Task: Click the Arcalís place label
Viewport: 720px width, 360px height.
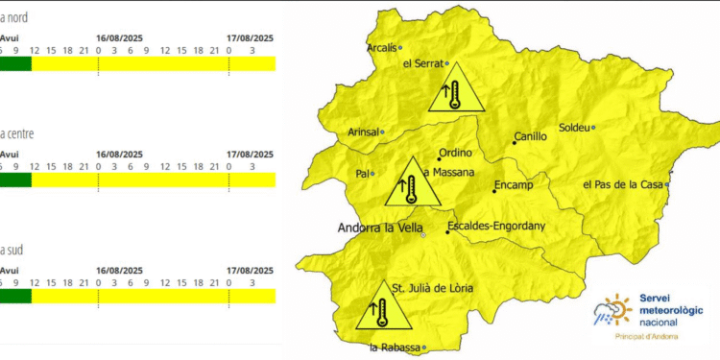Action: [x=381, y=47]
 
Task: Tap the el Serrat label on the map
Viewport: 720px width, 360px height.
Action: [x=422, y=63]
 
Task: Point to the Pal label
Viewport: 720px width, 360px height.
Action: [x=362, y=174]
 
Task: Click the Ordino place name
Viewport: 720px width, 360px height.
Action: [x=455, y=154]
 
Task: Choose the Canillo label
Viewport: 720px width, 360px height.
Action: [x=530, y=137]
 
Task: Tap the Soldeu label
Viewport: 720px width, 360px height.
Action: [x=574, y=128]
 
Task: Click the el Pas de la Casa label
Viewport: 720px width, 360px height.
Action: [x=623, y=184]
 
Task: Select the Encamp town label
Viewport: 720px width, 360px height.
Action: [x=512, y=183]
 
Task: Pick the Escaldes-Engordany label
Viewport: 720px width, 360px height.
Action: [x=496, y=228]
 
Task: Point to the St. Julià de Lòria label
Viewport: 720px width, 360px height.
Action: [x=432, y=287]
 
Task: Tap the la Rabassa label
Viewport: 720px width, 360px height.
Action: [x=394, y=348]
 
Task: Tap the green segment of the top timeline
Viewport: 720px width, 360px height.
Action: [x=15, y=63]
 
